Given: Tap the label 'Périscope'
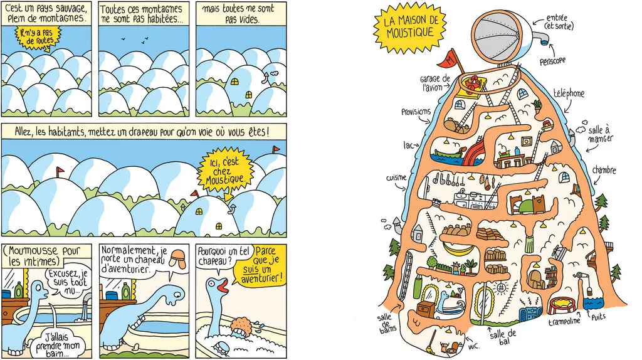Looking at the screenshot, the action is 552,61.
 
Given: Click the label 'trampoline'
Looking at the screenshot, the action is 564,320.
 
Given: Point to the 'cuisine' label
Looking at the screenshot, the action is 396,178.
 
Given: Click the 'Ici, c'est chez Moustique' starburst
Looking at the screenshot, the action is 226,172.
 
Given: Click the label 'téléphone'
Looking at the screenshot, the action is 569,93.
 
